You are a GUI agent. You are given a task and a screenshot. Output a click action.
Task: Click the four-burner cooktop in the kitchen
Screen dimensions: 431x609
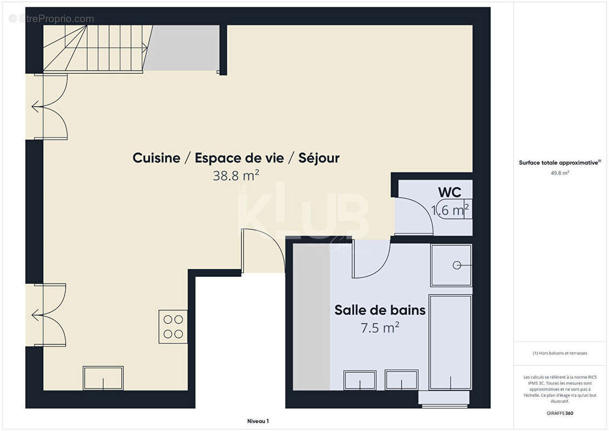click(x=173, y=326)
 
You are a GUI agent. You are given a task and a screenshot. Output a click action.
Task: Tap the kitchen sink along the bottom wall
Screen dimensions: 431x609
click(x=103, y=378)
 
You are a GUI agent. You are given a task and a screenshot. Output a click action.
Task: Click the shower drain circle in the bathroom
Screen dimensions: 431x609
click(x=457, y=265)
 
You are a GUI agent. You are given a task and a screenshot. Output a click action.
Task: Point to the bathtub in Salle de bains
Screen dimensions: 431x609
click(x=450, y=342)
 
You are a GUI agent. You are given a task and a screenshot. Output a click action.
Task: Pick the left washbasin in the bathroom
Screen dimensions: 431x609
click(x=360, y=380)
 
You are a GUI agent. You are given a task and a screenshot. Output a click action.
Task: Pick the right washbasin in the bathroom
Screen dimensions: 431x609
click(x=401, y=380)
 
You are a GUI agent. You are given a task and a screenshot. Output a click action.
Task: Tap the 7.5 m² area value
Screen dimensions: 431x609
click(x=380, y=327)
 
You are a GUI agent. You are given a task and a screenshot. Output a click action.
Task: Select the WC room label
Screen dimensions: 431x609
click(x=450, y=192)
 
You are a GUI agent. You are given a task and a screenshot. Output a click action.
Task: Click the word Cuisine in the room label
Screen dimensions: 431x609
click(x=156, y=158)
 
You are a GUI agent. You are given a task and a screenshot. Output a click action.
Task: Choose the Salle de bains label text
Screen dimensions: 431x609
click(x=380, y=310)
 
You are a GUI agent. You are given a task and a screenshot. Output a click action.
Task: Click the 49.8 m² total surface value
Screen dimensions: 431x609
click(x=559, y=173)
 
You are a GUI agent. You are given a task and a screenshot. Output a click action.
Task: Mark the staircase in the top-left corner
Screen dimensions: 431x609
click(x=92, y=48)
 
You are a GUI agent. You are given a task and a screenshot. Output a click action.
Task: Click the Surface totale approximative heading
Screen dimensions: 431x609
click(x=559, y=163)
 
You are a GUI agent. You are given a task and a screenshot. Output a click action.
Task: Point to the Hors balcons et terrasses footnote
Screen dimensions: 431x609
click(x=559, y=353)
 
